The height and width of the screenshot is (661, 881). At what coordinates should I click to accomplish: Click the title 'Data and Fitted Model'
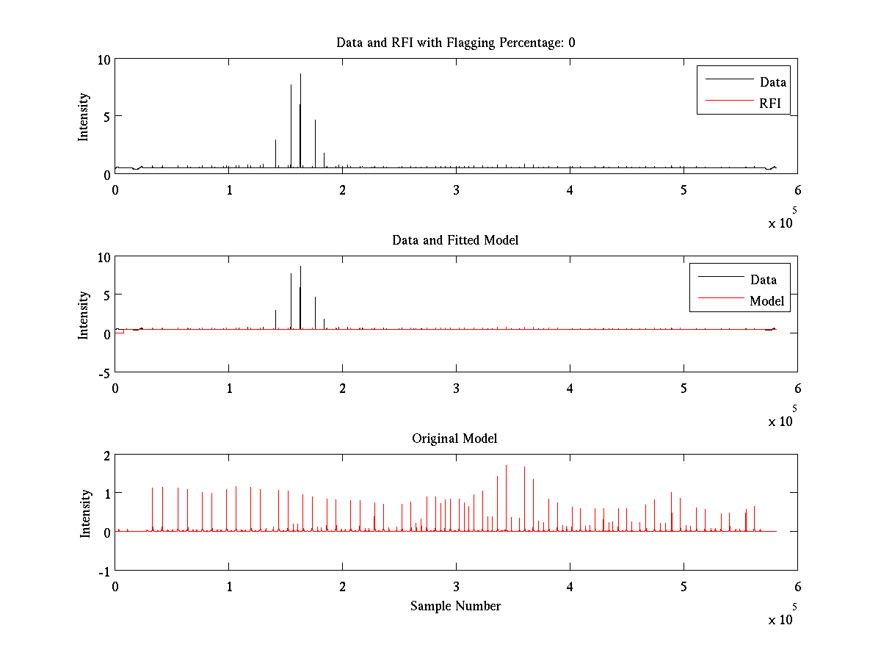tap(455, 240)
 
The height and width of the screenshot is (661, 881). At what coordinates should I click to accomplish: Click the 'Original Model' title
tap(454, 438)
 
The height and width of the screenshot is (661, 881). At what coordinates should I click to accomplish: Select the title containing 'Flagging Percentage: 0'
tap(455, 43)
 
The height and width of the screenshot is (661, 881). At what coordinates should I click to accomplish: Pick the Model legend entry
tap(766, 301)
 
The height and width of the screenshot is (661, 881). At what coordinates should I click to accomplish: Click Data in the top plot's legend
tap(772, 82)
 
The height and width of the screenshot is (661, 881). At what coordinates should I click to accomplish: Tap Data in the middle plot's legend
tap(763, 280)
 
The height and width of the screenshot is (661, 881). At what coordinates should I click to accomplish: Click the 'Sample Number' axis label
tap(455, 606)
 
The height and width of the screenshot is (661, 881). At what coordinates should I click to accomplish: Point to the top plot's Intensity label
tap(84, 116)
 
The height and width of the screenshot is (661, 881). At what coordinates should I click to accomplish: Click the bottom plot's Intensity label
tap(85, 513)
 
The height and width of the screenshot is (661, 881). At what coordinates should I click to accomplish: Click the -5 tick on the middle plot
tap(104, 372)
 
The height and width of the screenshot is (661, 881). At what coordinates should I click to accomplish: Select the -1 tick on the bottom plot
tap(104, 571)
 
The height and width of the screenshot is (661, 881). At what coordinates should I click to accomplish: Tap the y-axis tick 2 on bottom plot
tap(106, 455)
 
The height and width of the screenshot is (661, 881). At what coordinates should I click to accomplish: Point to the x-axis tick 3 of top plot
tap(457, 189)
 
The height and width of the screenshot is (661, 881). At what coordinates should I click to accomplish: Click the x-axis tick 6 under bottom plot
tap(797, 587)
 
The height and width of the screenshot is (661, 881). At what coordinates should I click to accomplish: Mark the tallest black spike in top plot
tap(300, 76)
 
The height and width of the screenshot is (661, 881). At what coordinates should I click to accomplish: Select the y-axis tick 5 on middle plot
tap(106, 296)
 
